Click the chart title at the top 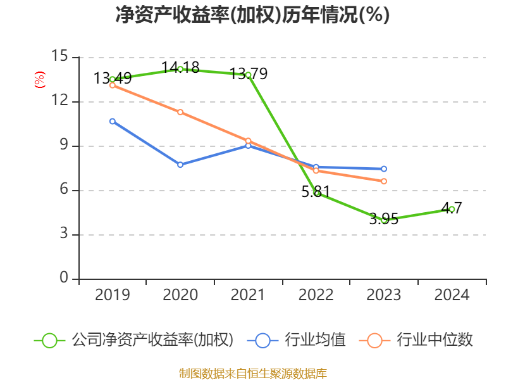pyautogui.click(x=252, y=15)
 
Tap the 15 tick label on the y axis pyautogui.click(x=60, y=57)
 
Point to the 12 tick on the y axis pyautogui.click(x=60, y=101)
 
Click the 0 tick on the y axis pyautogui.click(x=65, y=279)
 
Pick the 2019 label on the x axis pyautogui.click(x=113, y=295)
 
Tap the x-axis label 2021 pyautogui.click(x=249, y=295)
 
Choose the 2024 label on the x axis pyautogui.click(x=452, y=295)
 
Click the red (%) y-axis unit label pyautogui.click(x=39, y=80)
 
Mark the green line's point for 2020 pyautogui.click(x=180, y=69)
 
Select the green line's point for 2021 pyautogui.click(x=248, y=75)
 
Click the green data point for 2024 pyautogui.click(x=452, y=209)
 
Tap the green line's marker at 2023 pyautogui.click(x=384, y=220)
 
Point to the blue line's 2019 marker pyautogui.click(x=113, y=121)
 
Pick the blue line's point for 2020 pyautogui.click(x=180, y=165)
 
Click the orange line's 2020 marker pyautogui.click(x=180, y=112)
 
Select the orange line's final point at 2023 pyautogui.click(x=384, y=181)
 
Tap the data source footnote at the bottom pyautogui.click(x=252, y=373)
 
